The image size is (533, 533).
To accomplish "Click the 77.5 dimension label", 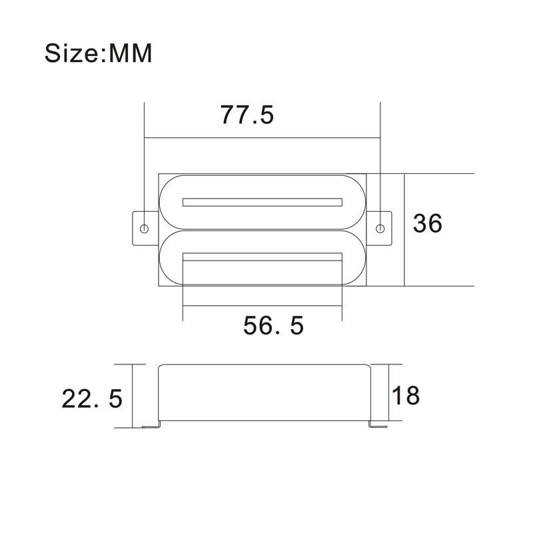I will (247, 115).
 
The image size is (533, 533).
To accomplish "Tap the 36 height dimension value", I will (427, 224).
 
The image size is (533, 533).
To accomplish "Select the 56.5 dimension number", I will (273, 326).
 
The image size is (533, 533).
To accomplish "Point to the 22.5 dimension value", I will (93, 399).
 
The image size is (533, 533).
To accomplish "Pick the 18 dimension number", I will (406, 395).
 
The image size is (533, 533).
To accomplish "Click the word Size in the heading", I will (71, 53).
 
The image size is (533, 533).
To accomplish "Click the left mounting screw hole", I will (145, 229).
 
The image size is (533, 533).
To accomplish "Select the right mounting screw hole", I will (380, 229).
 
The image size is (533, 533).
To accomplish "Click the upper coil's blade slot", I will (262, 202).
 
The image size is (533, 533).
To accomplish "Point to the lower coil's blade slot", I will (262, 256).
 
